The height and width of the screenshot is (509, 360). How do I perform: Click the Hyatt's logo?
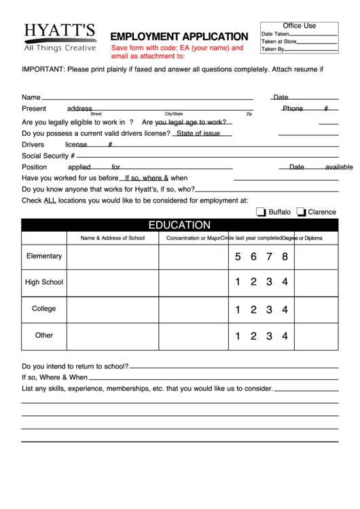tap(59, 37)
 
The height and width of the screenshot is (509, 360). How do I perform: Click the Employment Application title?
tap(179, 36)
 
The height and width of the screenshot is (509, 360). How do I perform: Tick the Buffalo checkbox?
tap(261, 212)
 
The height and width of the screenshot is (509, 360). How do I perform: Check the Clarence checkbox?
tap(301, 212)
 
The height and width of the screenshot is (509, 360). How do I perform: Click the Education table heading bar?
tap(179, 225)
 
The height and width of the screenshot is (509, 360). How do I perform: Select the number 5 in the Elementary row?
tap(238, 256)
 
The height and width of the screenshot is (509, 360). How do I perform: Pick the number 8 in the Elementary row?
tap(285, 256)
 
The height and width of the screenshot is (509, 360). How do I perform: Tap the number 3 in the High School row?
tap(269, 282)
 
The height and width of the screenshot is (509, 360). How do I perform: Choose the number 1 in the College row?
tap(238, 309)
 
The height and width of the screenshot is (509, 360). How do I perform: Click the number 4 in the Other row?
tap(285, 336)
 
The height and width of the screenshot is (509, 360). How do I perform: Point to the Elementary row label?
tap(44, 256)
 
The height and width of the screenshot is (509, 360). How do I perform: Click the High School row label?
tap(44, 282)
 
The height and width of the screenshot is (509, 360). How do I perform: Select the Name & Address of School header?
tap(113, 238)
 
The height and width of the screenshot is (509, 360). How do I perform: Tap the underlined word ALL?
tap(50, 200)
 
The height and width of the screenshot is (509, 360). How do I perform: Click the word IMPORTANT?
tap(43, 69)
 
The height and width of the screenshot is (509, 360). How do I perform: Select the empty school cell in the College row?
tap(113, 309)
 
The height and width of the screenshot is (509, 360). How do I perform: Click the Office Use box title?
tap(299, 26)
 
